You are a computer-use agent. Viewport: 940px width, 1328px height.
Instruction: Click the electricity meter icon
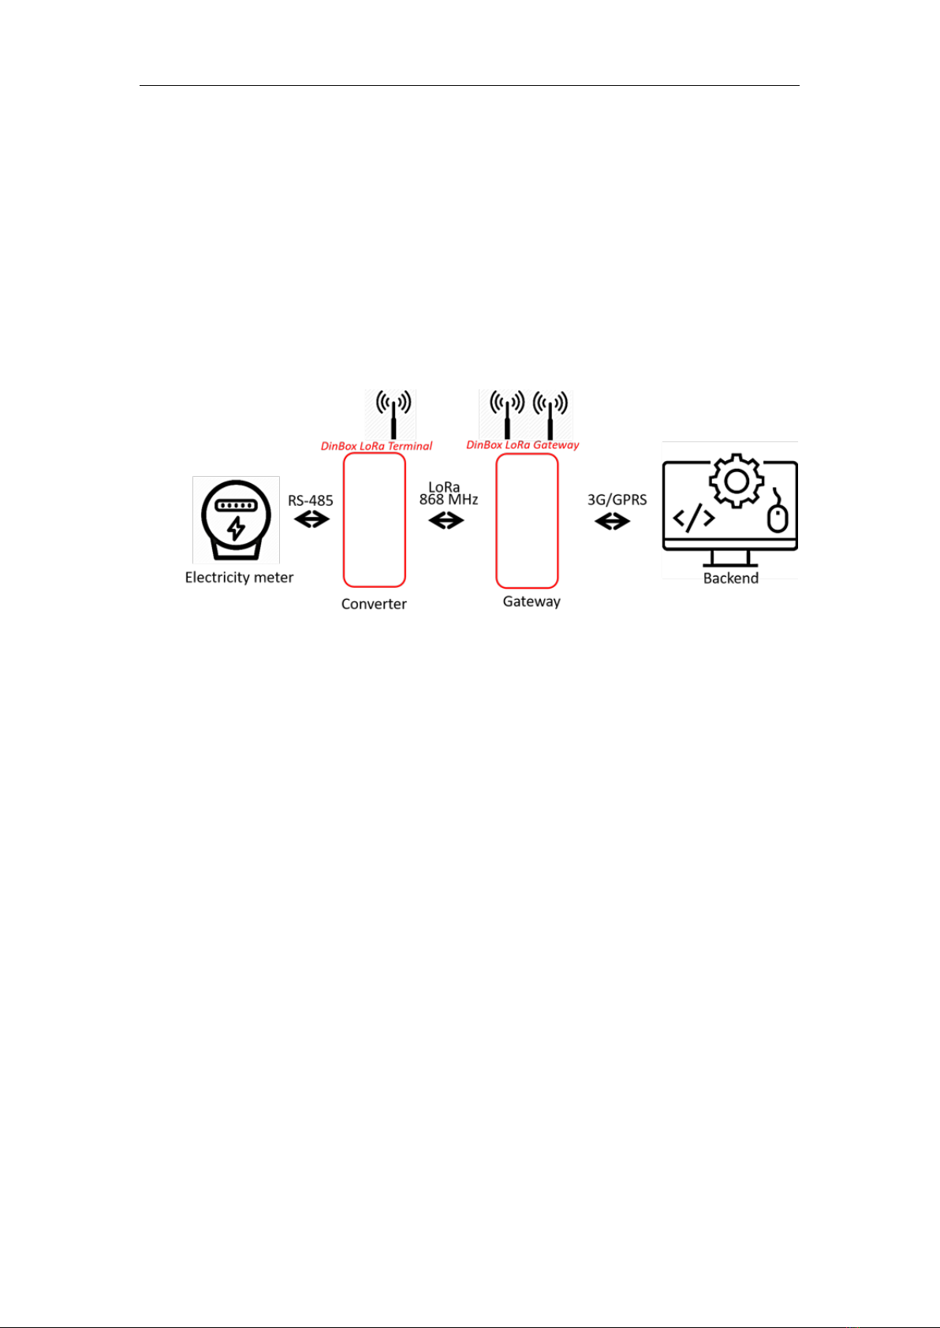(x=236, y=520)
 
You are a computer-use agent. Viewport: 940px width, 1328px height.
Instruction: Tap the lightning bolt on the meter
(x=236, y=527)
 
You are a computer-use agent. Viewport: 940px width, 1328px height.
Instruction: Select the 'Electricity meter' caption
(x=239, y=578)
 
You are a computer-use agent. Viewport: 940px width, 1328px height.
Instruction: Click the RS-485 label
(x=311, y=500)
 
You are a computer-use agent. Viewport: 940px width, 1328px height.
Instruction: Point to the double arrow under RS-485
(x=312, y=520)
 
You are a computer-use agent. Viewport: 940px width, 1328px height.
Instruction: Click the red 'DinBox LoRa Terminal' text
(x=377, y=446)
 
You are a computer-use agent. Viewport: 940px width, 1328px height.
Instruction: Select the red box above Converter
(x=375, y=520)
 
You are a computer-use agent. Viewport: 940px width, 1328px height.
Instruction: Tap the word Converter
(x=374, y=604)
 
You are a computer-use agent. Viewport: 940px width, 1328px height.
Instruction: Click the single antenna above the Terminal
(x=394, y=415)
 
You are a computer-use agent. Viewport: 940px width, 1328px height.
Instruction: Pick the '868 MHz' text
(x=449, y=500)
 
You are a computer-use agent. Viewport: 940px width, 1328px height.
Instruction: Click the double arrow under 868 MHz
(x=446, y=521)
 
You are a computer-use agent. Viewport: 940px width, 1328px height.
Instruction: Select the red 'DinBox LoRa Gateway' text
(x=523, y=445)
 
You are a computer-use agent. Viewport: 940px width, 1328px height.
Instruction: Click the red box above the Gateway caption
(x=528, y=520)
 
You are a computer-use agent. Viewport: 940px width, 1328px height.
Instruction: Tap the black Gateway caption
(x=532, y=602)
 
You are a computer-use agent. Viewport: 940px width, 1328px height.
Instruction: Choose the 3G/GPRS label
(x=617, y=500)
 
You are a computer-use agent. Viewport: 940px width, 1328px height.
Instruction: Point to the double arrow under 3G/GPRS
(x=612, y=522)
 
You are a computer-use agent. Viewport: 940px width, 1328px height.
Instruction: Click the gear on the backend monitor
(x=736, y=481)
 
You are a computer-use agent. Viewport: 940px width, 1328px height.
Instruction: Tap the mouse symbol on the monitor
(x=777, y=511)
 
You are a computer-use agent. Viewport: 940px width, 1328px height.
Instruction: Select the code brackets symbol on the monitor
(x=694, y=518)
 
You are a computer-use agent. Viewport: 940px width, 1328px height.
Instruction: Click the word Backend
(x=731, y=578)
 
